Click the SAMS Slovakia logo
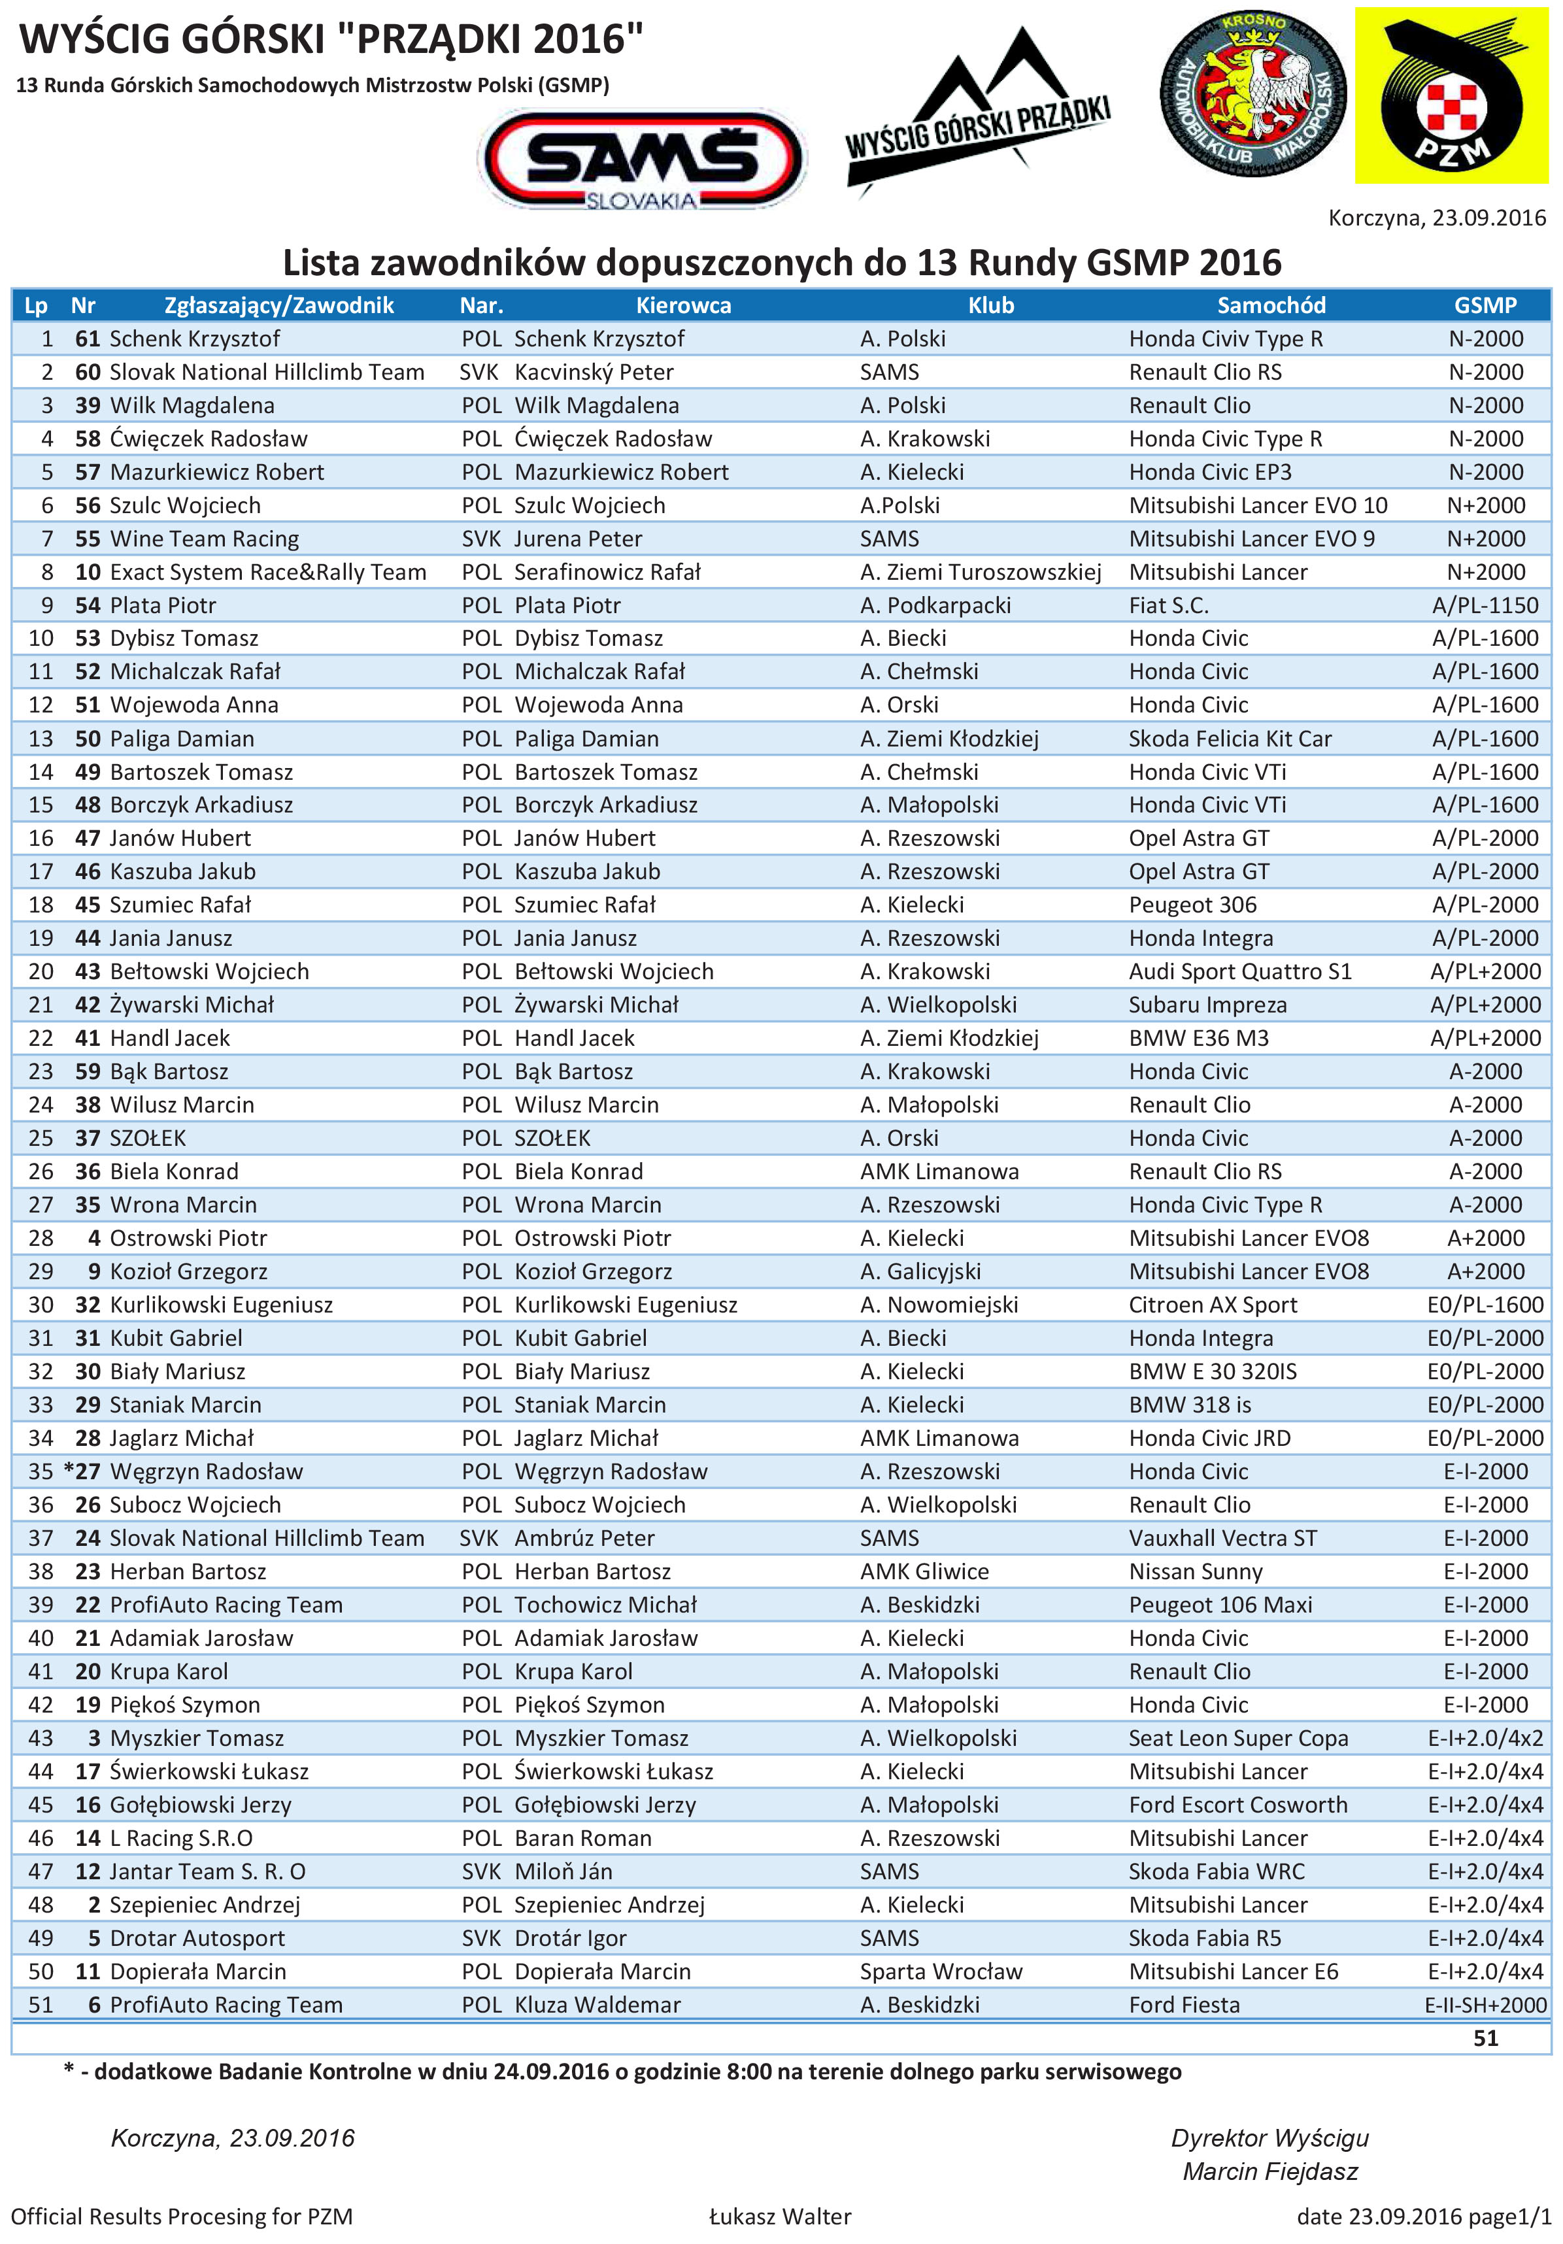point(641,159)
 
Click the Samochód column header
point(1271,305)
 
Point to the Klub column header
point(990,305)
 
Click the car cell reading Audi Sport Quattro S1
point(1239,971)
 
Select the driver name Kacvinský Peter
point(594,373)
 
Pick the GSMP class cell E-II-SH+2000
point(1485,2005)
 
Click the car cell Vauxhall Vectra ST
point(1222,1538)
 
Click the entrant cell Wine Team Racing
point(205,539)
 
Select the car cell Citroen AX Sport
point(1212,1305)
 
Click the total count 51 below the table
point(1485,2038)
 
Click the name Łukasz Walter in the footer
point(780,2217)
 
